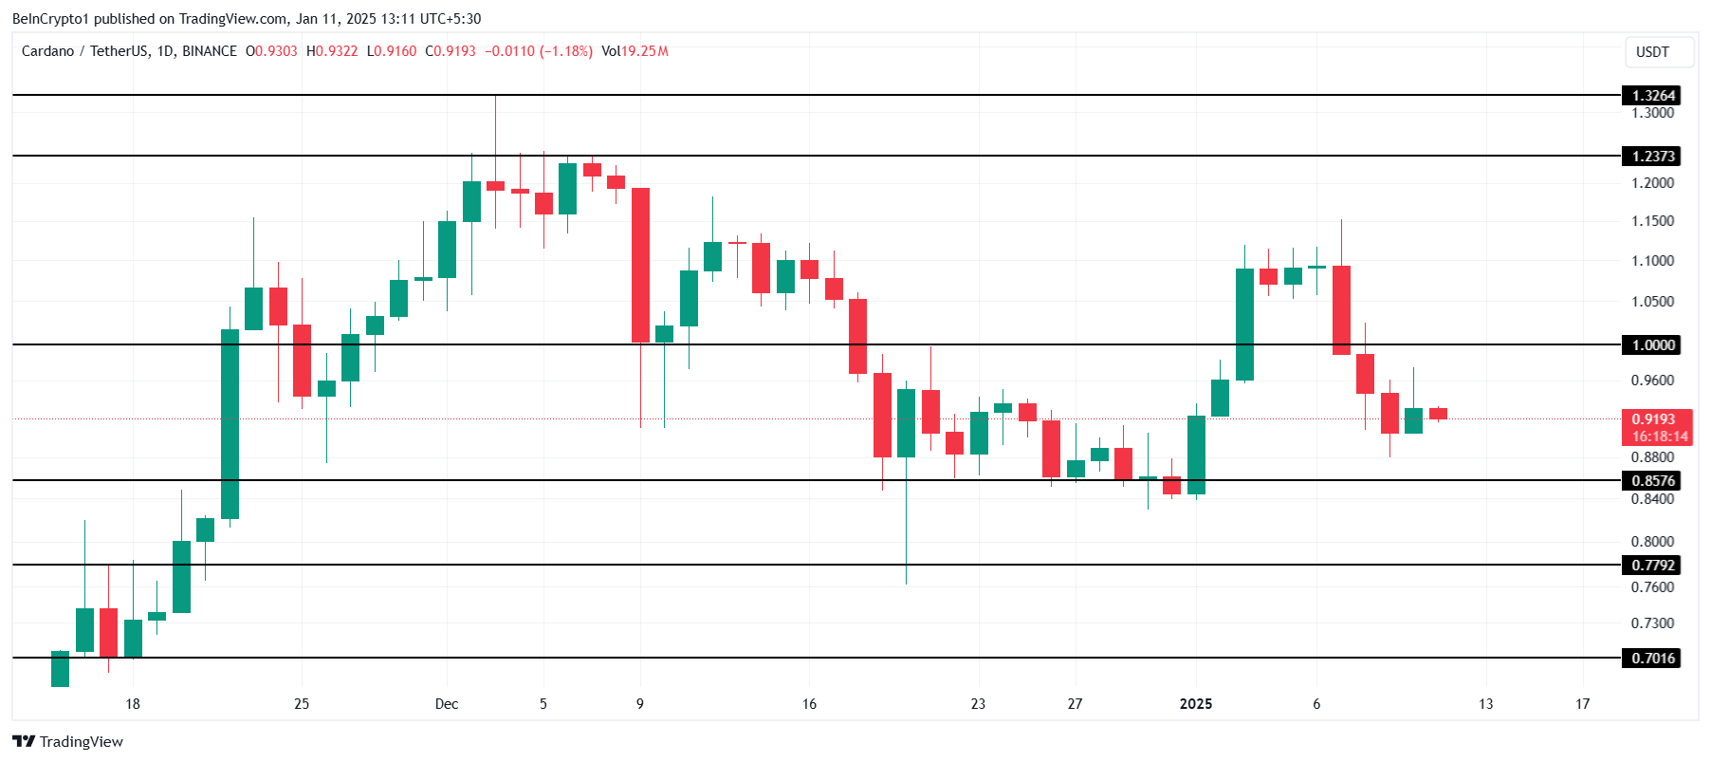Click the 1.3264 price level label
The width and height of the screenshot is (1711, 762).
click(1652, 96)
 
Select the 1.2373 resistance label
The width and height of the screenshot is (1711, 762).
click(1652, 157)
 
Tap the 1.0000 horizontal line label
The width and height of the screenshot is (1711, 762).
click(1652, 345)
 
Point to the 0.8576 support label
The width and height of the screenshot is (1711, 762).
click(1652, 481)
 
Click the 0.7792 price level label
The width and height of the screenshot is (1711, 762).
click(1652, 566)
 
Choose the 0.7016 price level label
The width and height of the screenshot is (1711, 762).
click(1652, 659)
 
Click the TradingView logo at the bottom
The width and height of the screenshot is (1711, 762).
click(68, 742)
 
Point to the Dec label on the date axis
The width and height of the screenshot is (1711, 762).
click(447, 704)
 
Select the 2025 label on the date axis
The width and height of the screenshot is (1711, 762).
click(1195, 704)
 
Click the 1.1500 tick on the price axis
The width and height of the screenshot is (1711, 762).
click(1652, 221)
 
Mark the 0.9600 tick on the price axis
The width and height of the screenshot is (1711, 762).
click(1652, 381)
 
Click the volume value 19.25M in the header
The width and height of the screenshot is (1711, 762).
click(645, 51)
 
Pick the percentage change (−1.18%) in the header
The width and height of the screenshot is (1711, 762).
click(566, 51)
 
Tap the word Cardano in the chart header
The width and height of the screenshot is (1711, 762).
click(47, 51)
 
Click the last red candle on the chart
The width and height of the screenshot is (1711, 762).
click(1438, 414)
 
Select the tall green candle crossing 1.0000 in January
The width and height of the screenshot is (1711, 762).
click(1244, 325)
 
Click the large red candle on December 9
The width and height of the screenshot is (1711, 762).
click(640, 266)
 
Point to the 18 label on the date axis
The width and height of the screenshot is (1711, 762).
click(133, 704)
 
